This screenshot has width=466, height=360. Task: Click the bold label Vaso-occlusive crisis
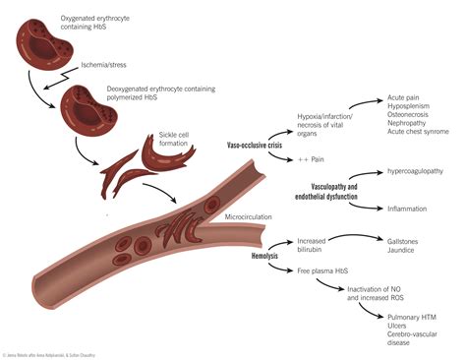(257, 146)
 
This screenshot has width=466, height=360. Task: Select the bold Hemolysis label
(267, 255)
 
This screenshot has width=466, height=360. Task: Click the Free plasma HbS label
(322, 269)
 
